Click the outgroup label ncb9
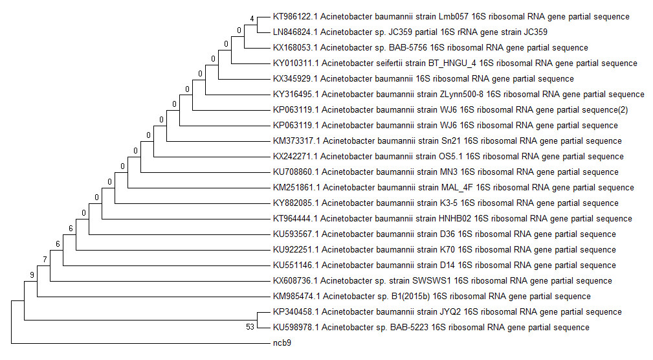tap(282, 343)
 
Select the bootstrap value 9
tap(32, 275)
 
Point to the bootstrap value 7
tap(45, 260)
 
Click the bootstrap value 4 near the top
tap(252, 17)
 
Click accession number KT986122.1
tap(294, 17)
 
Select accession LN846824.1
tap(294, 32)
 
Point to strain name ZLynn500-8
tap(461, 95)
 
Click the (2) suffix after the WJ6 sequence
tap(623, 110)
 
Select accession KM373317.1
tap(295, 141)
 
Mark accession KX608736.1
tap(294, 281)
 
